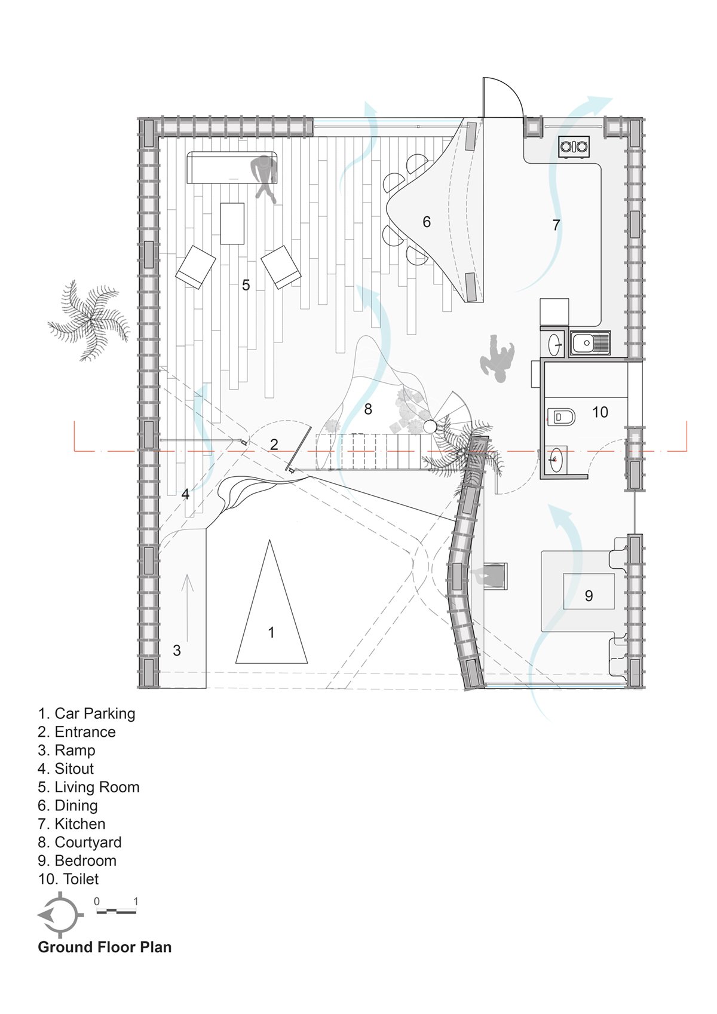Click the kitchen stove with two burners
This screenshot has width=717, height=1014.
tap(574, 146)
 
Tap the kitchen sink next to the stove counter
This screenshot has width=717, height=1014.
tap(590, 343)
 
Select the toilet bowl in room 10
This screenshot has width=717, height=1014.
tap(561, 416)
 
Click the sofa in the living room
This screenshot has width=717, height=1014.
tap(232, 167)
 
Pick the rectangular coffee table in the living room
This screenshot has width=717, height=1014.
tap(232, 223)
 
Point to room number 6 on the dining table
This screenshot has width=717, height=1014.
tap(427, 222)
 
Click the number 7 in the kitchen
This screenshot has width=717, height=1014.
tap(556, 225)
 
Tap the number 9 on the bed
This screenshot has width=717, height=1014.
tap(589, 596)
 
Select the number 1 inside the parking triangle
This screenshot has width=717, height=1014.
tap(271, 632)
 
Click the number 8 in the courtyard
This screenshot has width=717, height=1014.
tap(368, 409)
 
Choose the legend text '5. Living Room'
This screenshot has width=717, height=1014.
tap(88, 787)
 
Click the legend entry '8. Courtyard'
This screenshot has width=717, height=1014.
tap(80, 843)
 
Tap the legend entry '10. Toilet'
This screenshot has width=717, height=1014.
tap(68, 879)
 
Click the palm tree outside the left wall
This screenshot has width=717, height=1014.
tap(89, 320)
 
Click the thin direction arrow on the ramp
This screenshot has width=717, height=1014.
tap(188, 608)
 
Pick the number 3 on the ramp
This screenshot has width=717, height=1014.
tap(177, 651)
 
